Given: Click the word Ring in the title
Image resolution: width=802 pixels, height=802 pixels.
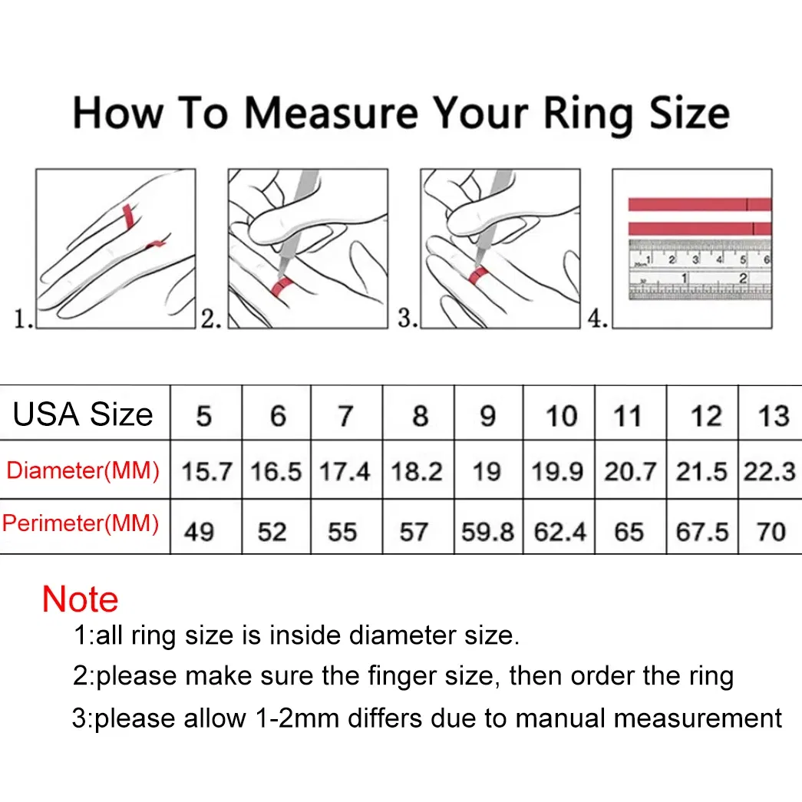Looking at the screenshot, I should [x=590, y=114].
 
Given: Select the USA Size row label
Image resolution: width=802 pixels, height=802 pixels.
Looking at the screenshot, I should [x=83, y=414].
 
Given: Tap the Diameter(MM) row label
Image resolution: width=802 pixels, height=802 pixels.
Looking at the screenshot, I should [x=83, y=470].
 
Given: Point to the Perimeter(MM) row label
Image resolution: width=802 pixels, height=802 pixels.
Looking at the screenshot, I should [x=81, y=523].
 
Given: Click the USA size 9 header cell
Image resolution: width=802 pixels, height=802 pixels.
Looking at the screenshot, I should [x=488, y=416].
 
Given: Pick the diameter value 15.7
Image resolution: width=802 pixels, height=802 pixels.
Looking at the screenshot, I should [x=206, y=471].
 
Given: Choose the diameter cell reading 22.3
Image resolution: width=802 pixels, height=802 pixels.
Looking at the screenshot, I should [x=769, y=471].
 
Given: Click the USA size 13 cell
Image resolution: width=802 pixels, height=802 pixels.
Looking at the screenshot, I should [x=773, y=416].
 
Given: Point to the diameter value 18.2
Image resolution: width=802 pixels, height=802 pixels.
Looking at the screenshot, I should [x=417, y=471].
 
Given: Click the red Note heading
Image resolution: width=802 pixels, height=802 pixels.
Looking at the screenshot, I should [x=80, y=599].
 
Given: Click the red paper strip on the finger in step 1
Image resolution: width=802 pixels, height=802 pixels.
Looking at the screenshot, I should [x=129, y=216].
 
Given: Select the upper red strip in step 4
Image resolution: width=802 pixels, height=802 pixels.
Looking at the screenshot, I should [x=698, y=204].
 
